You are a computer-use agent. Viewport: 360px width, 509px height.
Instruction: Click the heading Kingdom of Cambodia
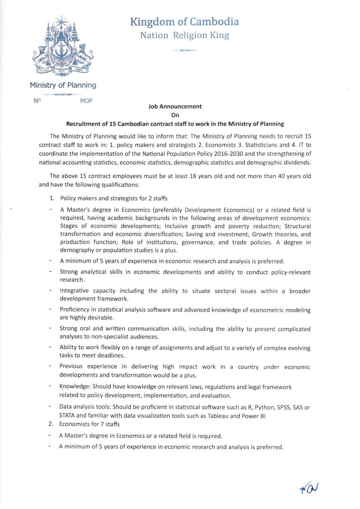click(x=185, y=21)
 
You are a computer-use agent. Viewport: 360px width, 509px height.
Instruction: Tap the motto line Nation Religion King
click(x=185, y=35)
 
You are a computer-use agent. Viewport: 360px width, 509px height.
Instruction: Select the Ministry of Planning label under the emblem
click(x=63, y=85)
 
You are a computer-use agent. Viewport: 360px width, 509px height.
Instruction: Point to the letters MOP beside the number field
click(x=86, y=101)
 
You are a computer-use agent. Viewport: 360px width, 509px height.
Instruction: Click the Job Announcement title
click(x=175, y=107)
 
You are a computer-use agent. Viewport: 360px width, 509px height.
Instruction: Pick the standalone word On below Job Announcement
click(x=175, y=115)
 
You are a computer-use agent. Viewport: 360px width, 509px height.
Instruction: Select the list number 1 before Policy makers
click(x=52, y=198)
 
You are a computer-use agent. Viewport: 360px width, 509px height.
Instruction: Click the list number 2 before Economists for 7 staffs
click(x=51, y=424)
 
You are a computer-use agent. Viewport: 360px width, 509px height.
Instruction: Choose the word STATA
click(x=68, y=416)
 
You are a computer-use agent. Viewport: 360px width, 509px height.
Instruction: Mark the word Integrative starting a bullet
click(x=74, y=291)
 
